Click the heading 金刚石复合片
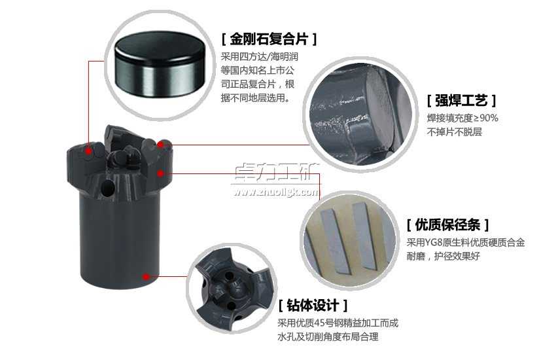tap(269, 39)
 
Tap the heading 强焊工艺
tap(461, 101)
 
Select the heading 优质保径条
tap(447, 225)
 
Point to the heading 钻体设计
tap(312, 305)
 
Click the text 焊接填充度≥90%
tap(462, 118)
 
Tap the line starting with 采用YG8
tap(465, 243)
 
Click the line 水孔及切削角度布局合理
tap(328, 337)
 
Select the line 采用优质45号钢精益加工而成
tap(338, 323)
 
